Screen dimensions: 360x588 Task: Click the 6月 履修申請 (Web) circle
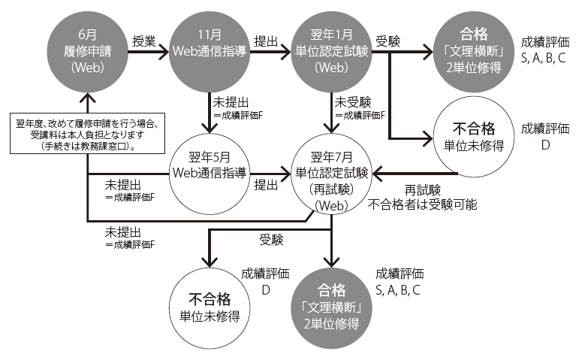pyautogui.click(x=88, y=47)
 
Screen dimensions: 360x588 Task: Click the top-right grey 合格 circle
pyautogui.click(x=475, y=47)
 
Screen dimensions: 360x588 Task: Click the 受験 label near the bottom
pyautogui.click(x=271, y=240)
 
